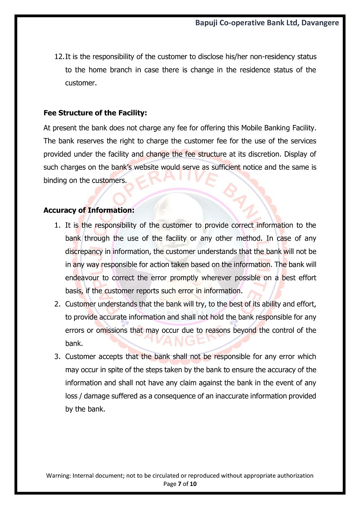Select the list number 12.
(x=59, y=57)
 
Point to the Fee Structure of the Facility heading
(x=95, y=113)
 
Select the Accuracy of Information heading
(x=89, y=210)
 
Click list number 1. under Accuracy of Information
(x=57, y=226)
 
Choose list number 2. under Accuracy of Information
(x=57, y=304)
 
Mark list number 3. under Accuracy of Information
(x=57, y=357)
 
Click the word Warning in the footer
(x=58, y=476)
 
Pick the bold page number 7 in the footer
(x=180, y=484)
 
